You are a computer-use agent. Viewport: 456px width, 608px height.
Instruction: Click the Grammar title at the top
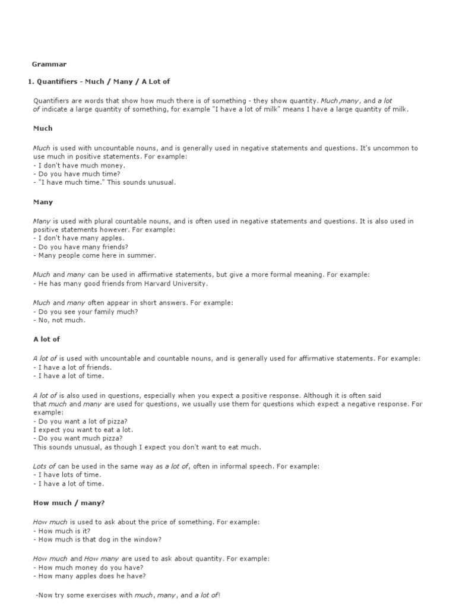tap(49, 64)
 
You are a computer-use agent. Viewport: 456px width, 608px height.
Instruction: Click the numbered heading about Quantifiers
tap(99, 81)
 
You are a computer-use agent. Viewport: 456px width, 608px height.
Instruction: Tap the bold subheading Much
tap(43, 128)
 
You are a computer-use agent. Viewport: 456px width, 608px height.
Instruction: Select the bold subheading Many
tap(43, 202)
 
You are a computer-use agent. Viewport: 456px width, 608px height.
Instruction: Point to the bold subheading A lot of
tap(47, 339)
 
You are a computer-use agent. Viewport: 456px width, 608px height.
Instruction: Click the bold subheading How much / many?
tap(69, 503)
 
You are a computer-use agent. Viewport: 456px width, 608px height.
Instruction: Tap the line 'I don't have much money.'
tap(79, 165)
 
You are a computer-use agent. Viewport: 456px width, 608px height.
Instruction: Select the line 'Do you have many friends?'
tap(81, 246)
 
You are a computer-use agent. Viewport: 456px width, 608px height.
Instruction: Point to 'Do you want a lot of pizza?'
tap(81, 421)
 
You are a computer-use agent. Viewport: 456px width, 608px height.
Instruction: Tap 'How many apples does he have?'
tap(90, 576)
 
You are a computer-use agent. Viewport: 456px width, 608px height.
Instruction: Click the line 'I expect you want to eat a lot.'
tap(83, 429)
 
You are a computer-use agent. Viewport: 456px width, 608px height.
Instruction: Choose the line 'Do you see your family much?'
tap(85, 312)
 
